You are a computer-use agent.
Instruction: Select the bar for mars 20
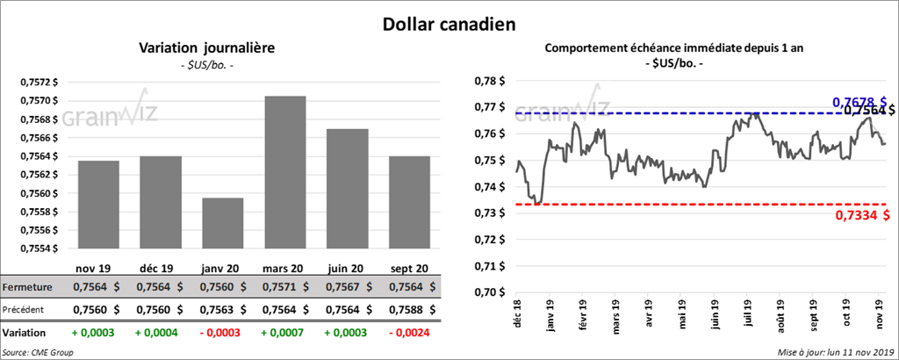[x=285, y=176]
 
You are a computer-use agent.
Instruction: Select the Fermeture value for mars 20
[x=285, y=287]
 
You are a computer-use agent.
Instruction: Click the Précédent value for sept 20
[x=410, y=309]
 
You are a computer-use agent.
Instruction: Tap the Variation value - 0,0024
[x=410, y=333]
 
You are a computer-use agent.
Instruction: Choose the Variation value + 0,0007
[x=285, y=333]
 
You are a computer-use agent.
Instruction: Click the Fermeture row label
[x=27, y=287]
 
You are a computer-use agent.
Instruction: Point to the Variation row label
[x=25, y=333]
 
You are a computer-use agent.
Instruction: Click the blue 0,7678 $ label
[x=859, y=103]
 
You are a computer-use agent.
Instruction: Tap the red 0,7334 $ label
[x=859, y=217]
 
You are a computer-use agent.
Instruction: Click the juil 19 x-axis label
[x=751, y=312]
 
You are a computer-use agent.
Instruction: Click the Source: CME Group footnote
[x=39, y=352]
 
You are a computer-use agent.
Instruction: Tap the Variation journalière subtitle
[x=207, y=48]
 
